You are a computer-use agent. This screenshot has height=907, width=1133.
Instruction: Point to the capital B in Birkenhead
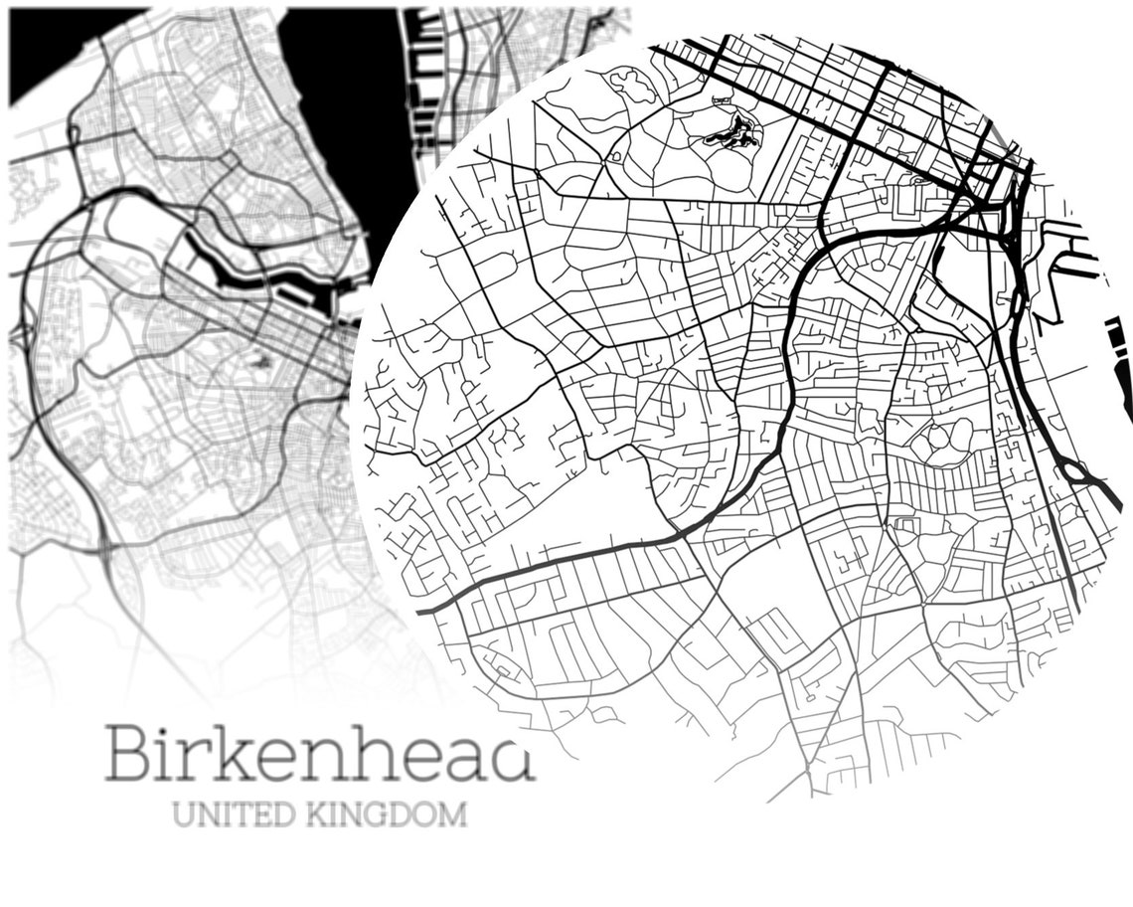[x=129, y=754]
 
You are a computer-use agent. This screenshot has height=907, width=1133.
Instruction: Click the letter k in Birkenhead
[x=236, y=752]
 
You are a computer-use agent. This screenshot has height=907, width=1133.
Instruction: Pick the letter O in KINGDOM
[x=420, y=815]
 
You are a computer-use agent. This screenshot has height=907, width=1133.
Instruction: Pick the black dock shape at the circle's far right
[x=1121, y=368]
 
